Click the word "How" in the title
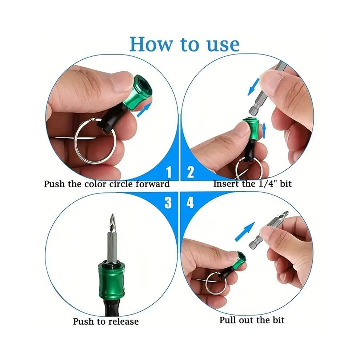(152, 44)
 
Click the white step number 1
(169, 172)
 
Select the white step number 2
(190, 172)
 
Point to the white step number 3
(168, 203)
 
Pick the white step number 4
(190, 203)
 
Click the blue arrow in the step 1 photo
(144, 110)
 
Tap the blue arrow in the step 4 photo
(245, 231)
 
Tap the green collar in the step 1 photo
(136, 90)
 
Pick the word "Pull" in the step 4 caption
(228, 320)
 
